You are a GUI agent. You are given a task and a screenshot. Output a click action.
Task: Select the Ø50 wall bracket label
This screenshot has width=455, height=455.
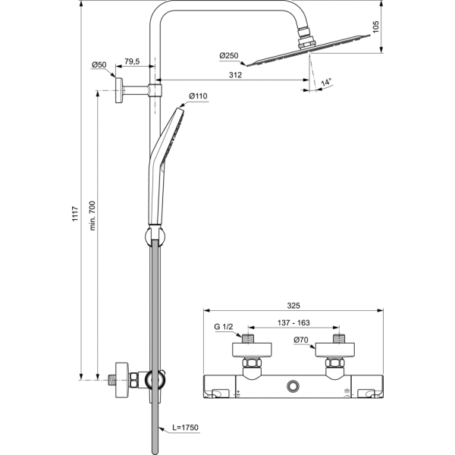99,66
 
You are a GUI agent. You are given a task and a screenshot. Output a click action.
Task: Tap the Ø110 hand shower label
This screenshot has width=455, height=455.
197,96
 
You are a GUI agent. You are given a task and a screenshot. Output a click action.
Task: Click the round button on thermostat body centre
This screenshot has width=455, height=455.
293,388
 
